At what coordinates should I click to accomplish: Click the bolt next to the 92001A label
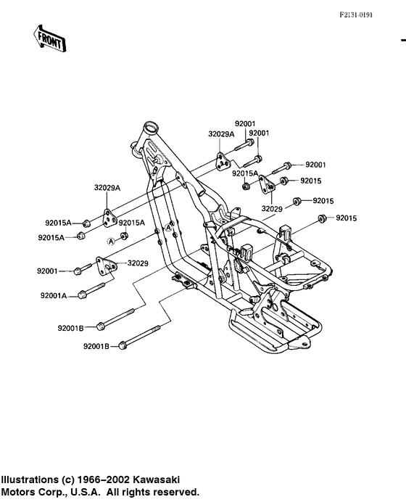(82, 295)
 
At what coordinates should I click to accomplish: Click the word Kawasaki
(171, 480)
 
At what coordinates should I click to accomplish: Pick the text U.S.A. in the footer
(89, 491)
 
